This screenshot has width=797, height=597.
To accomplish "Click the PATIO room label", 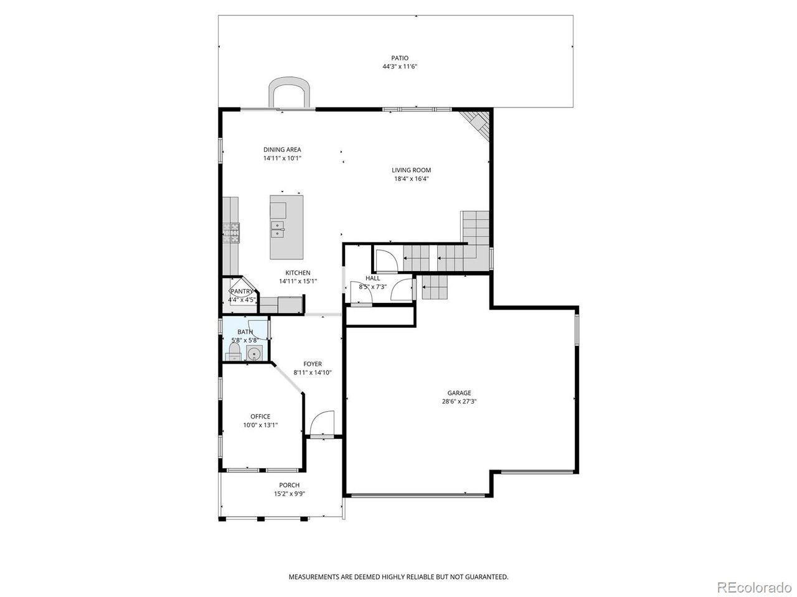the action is point(399,58).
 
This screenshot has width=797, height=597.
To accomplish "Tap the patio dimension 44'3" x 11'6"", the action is point(399,67).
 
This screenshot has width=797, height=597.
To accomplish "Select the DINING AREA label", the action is point(282,150).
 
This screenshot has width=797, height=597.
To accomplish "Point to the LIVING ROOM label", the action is point(411,170).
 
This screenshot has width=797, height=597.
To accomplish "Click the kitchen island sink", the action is point(278,230).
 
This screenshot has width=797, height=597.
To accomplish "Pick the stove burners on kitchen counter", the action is point(231,233).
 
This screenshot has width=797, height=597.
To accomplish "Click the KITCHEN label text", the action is point(298,273).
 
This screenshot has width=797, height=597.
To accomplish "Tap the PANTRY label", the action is point(242,292).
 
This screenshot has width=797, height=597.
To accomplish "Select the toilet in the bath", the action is point(234,351).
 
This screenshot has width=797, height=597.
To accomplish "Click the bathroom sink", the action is point(255,353).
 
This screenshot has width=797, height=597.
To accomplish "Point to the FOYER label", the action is point(313,364).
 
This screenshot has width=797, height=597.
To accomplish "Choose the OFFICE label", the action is point(260,417).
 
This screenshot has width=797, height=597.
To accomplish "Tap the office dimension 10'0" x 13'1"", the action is point(260,425).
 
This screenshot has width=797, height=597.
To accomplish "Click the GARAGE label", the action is point(459,393).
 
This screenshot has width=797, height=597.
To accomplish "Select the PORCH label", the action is point(290,485).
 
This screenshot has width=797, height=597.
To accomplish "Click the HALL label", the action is point(372,279).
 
